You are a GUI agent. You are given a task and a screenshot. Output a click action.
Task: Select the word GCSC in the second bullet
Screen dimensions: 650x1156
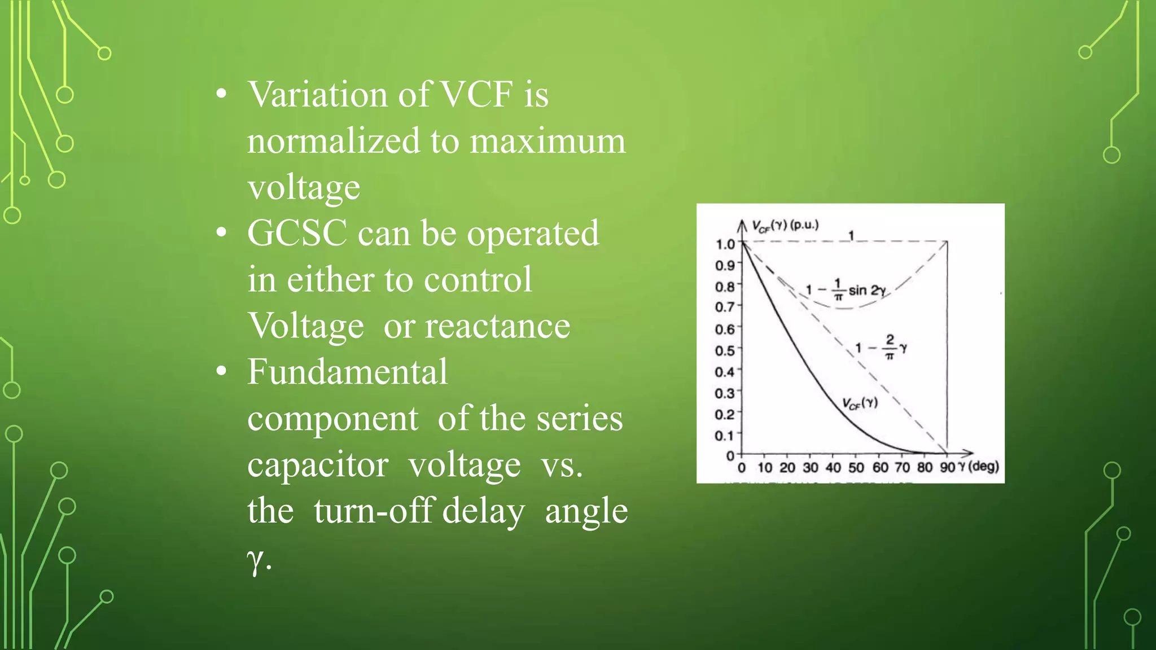pos(297,233)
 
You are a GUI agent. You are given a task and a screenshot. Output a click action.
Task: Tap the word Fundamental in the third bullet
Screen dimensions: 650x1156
pos(347,372)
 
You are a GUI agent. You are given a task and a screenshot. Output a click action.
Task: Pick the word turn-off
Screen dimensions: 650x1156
pos(373,511)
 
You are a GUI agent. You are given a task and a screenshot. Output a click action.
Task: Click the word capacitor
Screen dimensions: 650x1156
pos(318,465)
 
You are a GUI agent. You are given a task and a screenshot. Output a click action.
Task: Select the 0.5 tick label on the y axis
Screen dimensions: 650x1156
pos(725,351)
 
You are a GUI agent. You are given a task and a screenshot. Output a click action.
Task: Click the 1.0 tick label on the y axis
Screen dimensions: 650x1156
pos(725,244)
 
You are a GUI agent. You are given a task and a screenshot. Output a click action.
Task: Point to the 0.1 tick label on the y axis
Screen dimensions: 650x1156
pos(725,436)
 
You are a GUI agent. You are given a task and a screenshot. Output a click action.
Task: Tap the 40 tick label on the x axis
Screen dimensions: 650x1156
pos(833,468)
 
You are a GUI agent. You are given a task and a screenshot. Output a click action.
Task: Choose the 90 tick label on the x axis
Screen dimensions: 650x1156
pos(947,468)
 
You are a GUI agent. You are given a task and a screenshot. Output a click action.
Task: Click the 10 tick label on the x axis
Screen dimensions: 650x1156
pos(765,468)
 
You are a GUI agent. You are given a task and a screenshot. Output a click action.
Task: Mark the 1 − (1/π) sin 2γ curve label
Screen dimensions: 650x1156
pos(846,291)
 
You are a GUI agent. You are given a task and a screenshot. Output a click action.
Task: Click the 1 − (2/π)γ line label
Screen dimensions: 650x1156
pos(881,347)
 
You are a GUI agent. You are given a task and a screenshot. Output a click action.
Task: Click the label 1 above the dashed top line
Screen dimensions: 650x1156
pos(851,235)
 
